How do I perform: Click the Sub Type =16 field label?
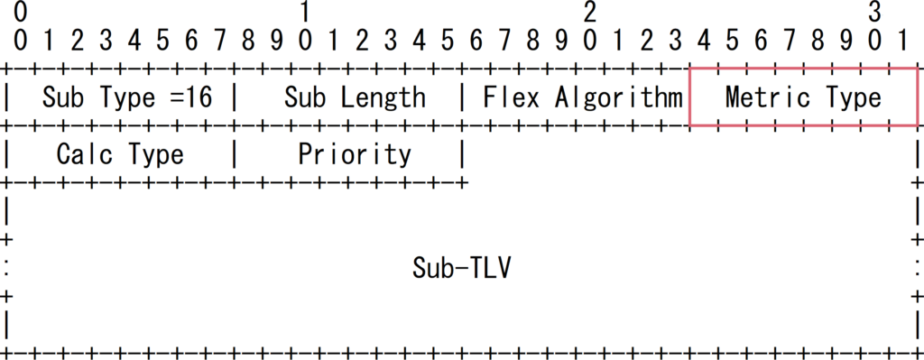coord(127,97)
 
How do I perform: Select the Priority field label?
coord(355,154)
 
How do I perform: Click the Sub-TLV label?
coord(462,268)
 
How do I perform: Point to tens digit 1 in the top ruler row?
coord(306,13)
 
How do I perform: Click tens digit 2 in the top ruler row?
coord(590,13)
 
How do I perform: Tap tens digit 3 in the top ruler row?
coord(874,13)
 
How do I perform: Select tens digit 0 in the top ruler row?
coord(21,13)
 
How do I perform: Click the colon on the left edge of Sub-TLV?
coord(7,268)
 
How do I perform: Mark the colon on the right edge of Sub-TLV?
coord(917,268)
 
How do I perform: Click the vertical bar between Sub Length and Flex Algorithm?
coord(463,97)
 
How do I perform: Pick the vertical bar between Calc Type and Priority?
coord(236,154)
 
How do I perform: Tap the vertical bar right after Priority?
coord(463,154)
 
